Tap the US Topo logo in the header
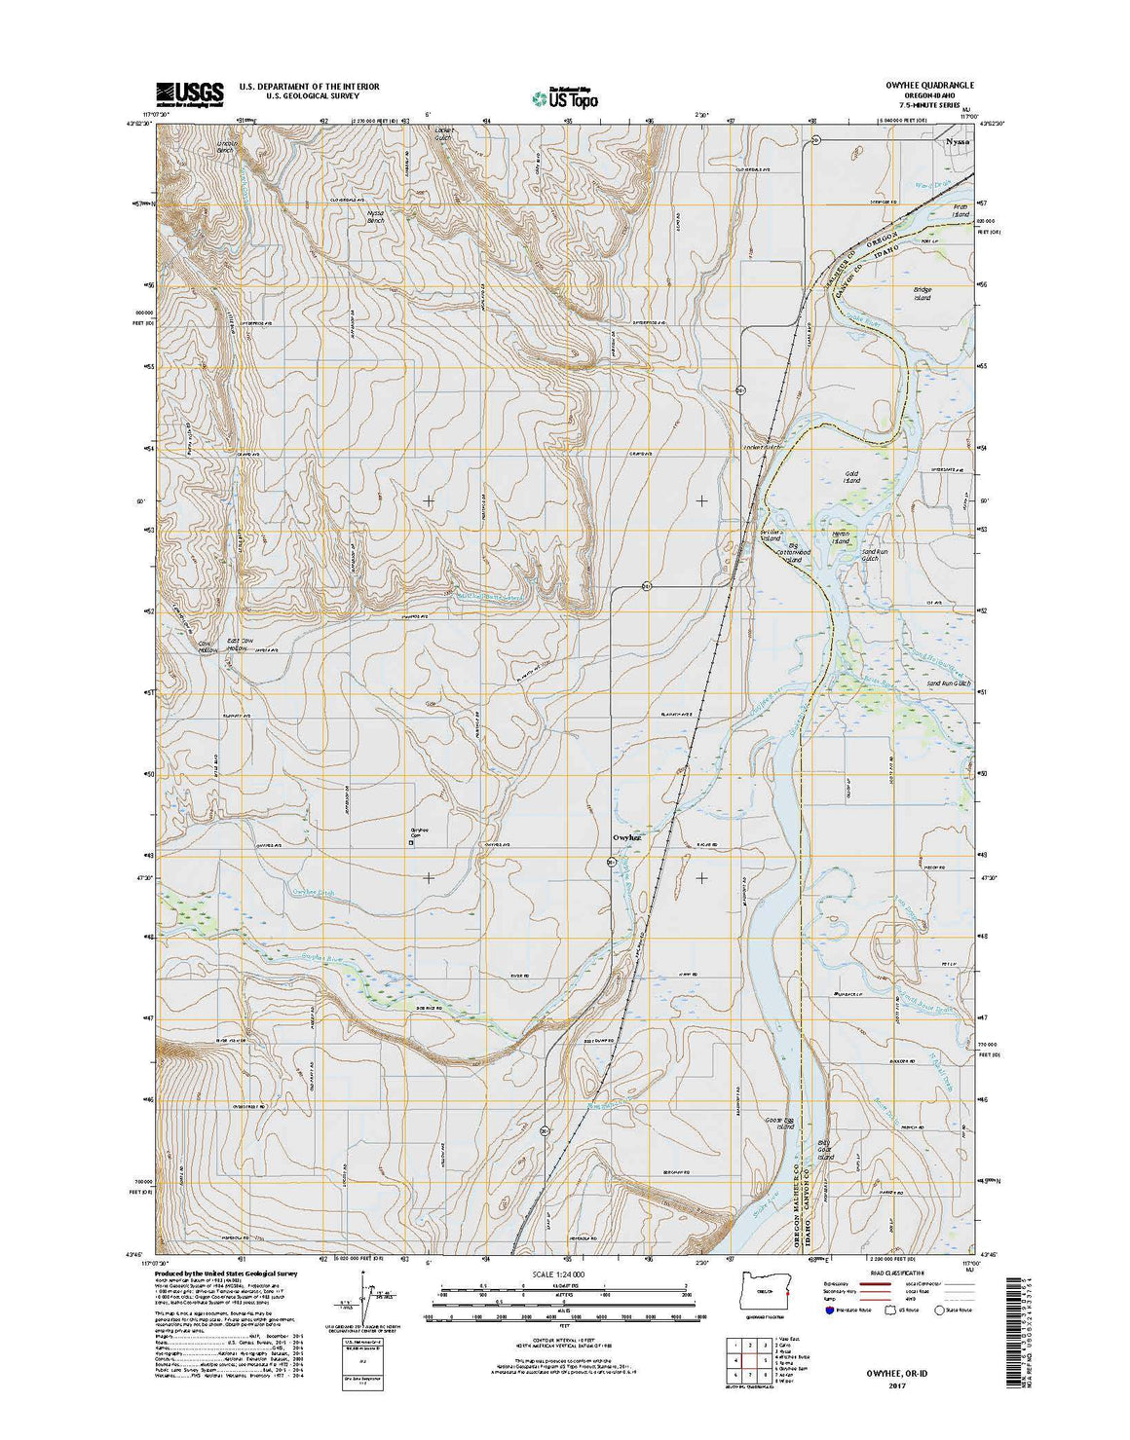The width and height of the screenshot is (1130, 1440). pyautogui.click(x=565, y=96)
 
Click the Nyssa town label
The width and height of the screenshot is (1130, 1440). pyautogui.click(x=958, y=141)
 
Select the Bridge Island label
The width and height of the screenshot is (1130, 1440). pyautogui.click(x=922, y=294)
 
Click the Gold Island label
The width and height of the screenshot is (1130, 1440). pyautogui.click(x=851, y=477)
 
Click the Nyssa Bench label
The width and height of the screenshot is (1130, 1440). pyautogui.click(x=375, y=217)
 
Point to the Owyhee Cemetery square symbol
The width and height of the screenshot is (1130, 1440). pyautogui.click(x=410, y=844)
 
